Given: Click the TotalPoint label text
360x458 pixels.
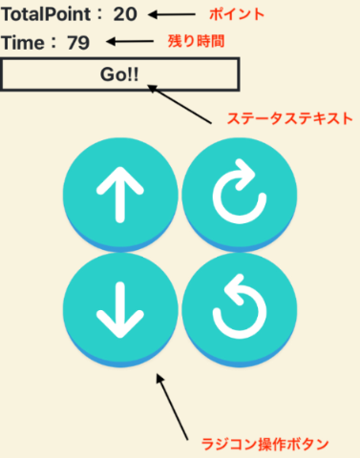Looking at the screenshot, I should (x=47, y=15).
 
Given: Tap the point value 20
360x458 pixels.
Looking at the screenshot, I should (x=125, y=15).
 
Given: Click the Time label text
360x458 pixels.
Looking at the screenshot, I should (x=24, y=43).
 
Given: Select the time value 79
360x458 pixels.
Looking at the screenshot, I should (x=78, y=43).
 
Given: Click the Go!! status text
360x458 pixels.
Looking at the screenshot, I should (x=119, y=74).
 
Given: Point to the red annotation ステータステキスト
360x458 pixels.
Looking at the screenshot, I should (x=289, y=121).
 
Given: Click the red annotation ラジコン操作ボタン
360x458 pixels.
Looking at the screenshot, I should (x=265, y=444).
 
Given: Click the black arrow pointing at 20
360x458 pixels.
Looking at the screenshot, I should (x=175, y=14).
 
